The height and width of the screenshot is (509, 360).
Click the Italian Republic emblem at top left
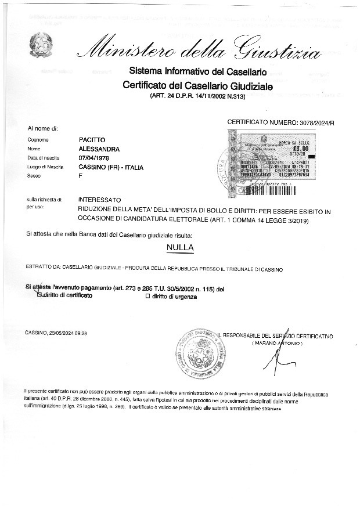(44, 44)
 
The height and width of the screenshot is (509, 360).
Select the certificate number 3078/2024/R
(314, 123)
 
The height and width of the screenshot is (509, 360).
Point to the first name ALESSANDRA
(99, 149)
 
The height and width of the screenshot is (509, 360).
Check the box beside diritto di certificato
(39, 295)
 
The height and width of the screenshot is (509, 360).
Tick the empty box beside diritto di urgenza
(147, 297)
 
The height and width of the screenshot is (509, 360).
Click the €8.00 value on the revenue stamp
(300, 149)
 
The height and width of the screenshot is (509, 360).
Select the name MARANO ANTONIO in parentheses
(278, 344)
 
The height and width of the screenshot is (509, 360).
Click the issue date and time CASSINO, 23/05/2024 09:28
(56, 333)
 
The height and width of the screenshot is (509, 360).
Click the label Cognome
(38, 140)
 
